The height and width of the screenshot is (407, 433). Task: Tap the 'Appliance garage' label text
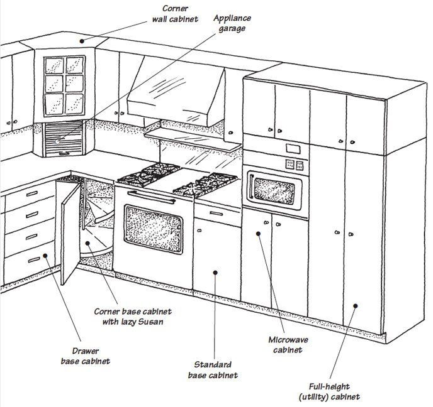[232, 23]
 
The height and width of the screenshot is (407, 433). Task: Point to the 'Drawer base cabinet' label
[86, 356]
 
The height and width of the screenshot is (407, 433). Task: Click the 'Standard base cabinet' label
[213, 369]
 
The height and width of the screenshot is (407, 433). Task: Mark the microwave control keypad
[293, 164]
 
